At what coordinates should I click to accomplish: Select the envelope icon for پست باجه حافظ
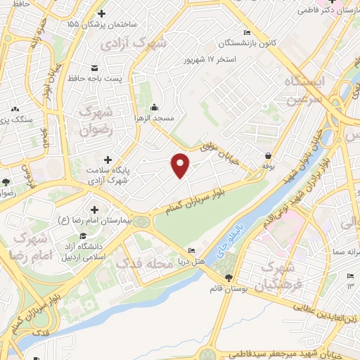pos(94,67)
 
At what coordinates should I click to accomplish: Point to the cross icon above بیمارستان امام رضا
pos(95,210)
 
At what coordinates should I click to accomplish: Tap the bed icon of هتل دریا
pos(192,251)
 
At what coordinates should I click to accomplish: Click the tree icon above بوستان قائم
pos(227,278)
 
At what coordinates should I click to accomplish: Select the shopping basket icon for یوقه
pos(268,155)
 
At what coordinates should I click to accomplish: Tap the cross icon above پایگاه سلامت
pos(107,160)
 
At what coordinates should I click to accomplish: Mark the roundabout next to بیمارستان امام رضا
pos(144,221)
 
